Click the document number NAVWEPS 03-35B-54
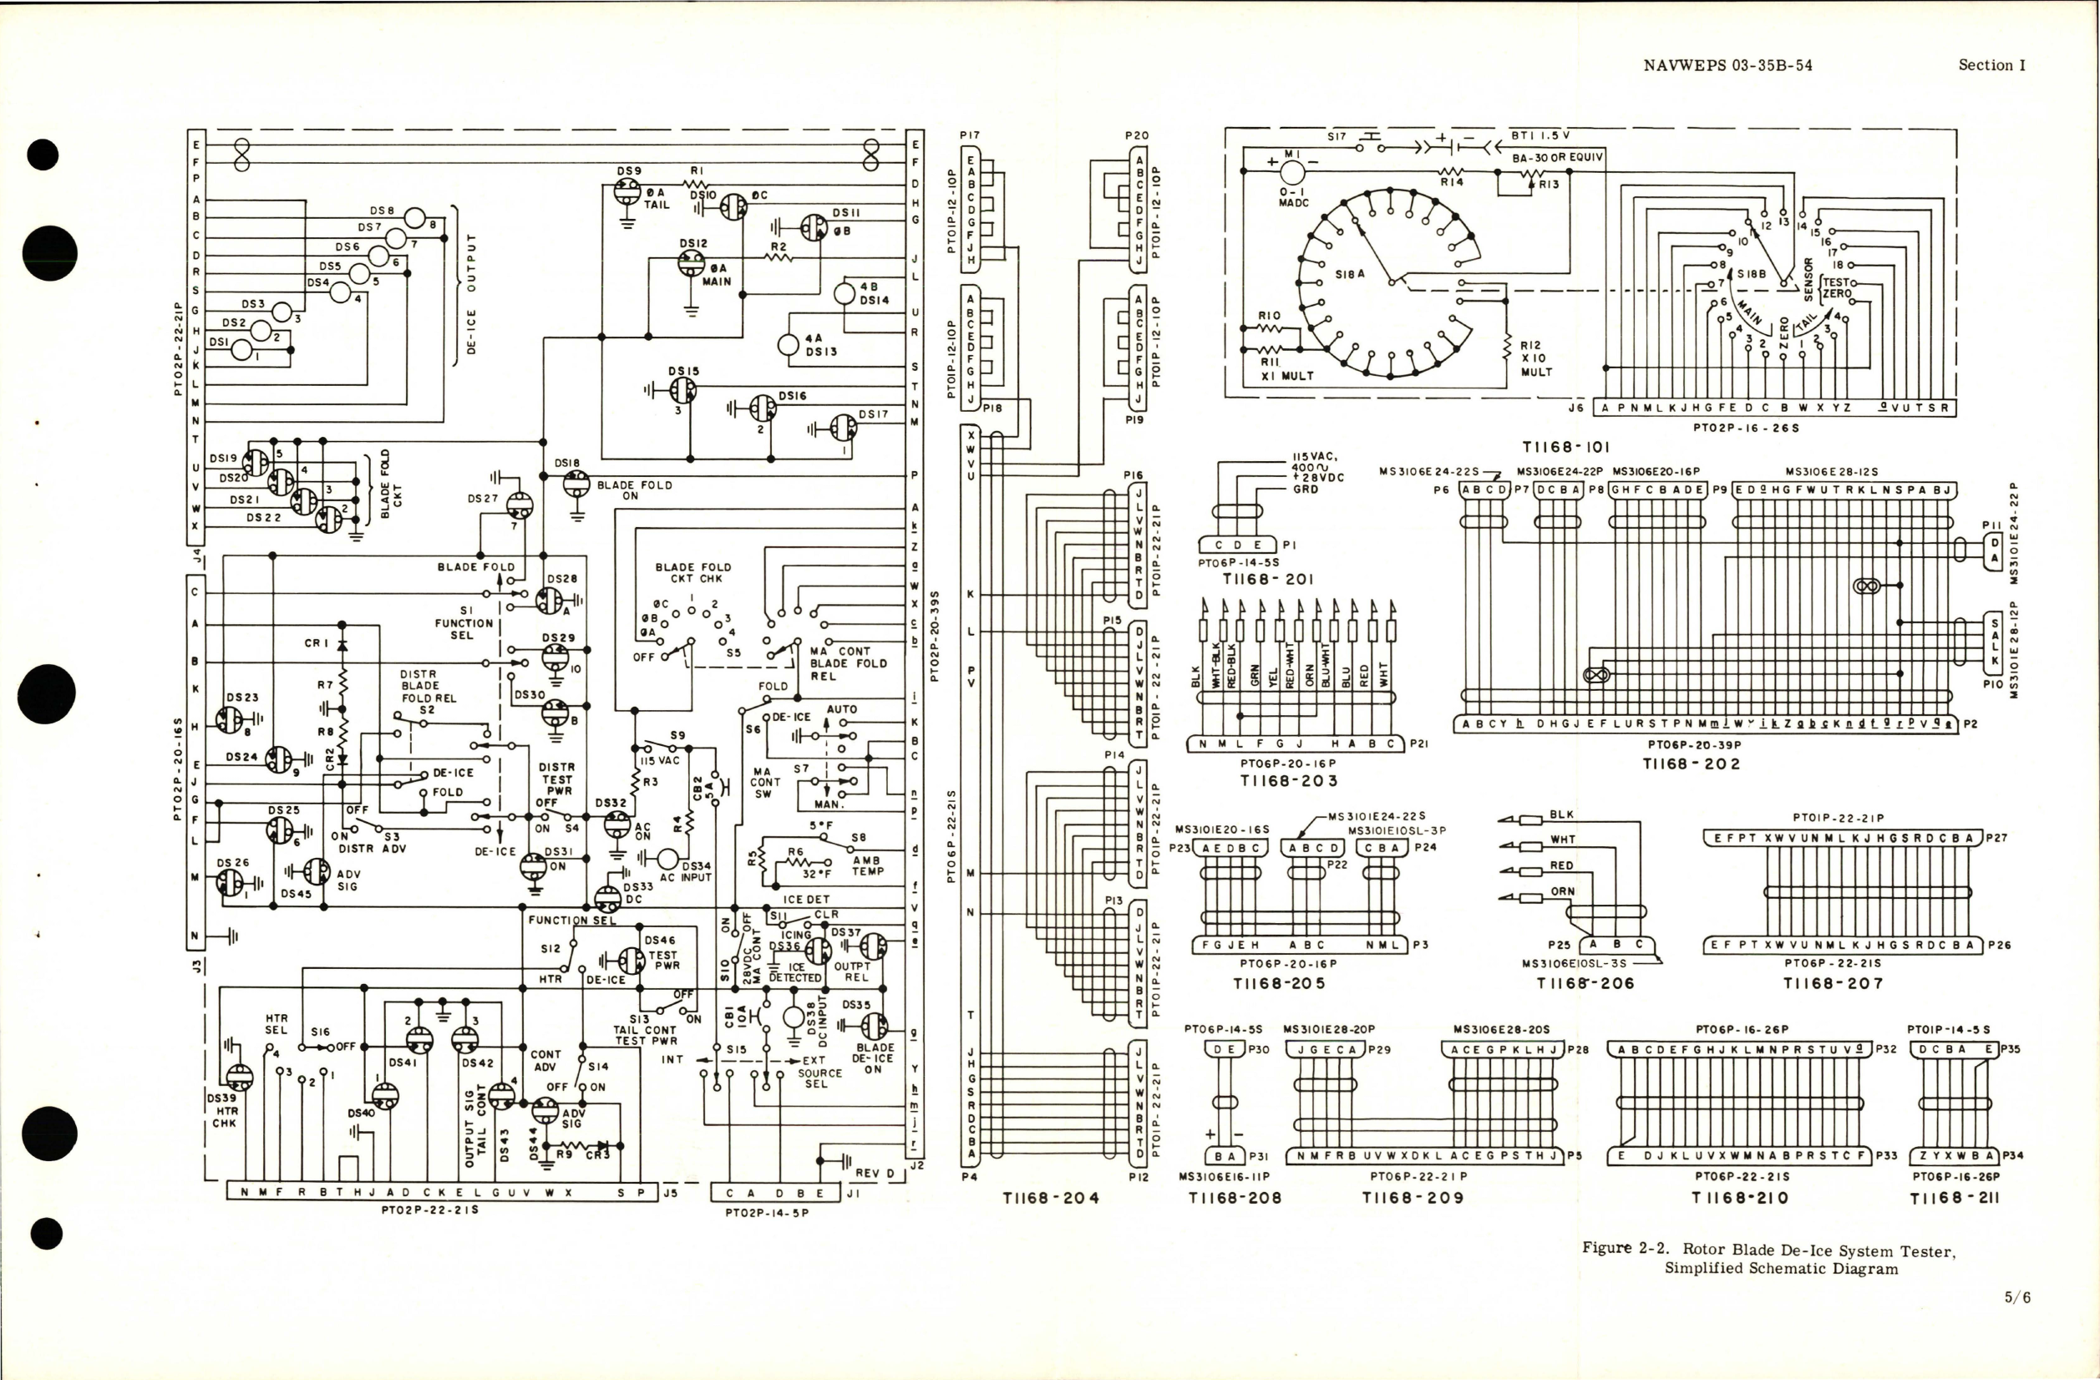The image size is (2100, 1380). [1727, 65]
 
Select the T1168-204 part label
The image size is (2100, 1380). [1051, 1197]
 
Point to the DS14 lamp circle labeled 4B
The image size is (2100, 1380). [845, 293]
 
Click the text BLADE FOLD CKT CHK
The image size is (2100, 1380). [692, 573]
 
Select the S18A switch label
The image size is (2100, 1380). [1349, 274]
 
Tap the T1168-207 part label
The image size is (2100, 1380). [1833, 983]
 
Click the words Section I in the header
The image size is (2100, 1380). [1991, 65]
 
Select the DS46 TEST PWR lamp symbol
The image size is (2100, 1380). [631, 960]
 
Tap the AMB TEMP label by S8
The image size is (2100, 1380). [866, 865]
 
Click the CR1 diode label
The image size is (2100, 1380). [316, 643]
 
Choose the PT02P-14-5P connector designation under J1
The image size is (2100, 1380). [767, 1212]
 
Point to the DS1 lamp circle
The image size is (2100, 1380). [241, 350]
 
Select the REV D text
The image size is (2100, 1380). [875, 1173]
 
